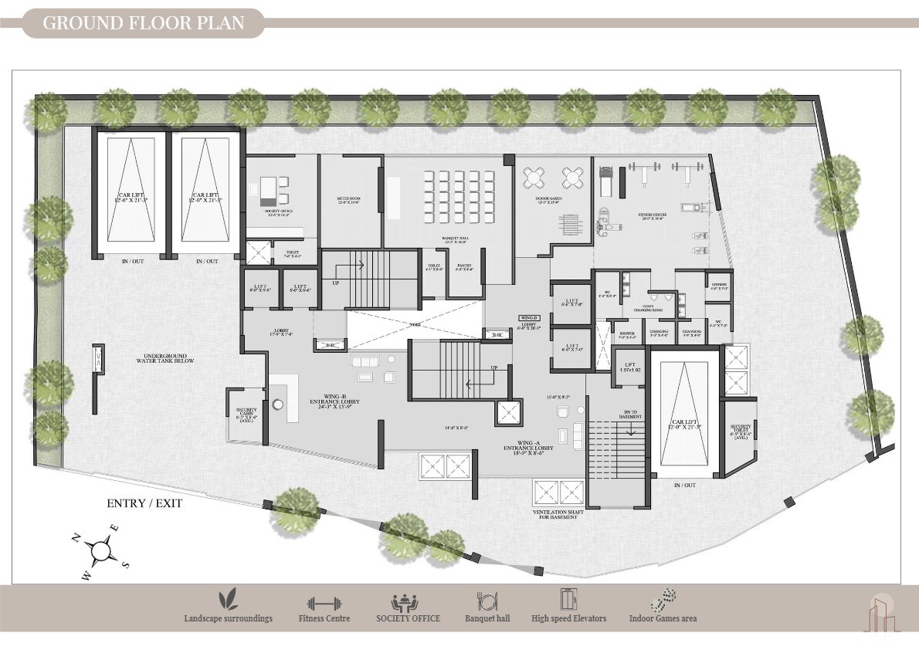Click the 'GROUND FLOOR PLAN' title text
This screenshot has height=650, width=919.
click(x=143, y=22)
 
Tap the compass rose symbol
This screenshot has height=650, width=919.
click(x=100, y=550)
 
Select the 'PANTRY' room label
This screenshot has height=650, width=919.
click(x=464, y=267)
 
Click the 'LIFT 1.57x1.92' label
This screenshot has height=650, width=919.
click(x=630, y=367)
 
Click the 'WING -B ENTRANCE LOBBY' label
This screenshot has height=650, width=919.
click(x=334, y=402)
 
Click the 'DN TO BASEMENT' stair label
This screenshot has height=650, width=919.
click(x=632, y=414)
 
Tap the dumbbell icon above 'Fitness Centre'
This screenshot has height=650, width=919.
click(x=323, y=603)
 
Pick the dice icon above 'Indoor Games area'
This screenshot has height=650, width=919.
click(x=663, y=601)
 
